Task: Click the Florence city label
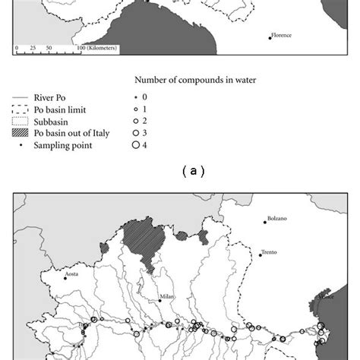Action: click(283, 35)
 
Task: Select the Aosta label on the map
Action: click(72, 273)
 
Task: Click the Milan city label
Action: click(167, 297)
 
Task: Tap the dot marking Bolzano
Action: click(266, 222)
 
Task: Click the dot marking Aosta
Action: click(65, 279)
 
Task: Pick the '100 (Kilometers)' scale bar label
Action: click(97, 48)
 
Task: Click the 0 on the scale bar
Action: click(16, 48)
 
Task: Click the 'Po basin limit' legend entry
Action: click(60, 109)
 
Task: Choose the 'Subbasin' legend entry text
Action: click(52, 121)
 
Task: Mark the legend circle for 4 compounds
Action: click(136, 145)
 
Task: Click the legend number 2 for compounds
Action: click(144, 121)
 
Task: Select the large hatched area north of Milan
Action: click(147, 239)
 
